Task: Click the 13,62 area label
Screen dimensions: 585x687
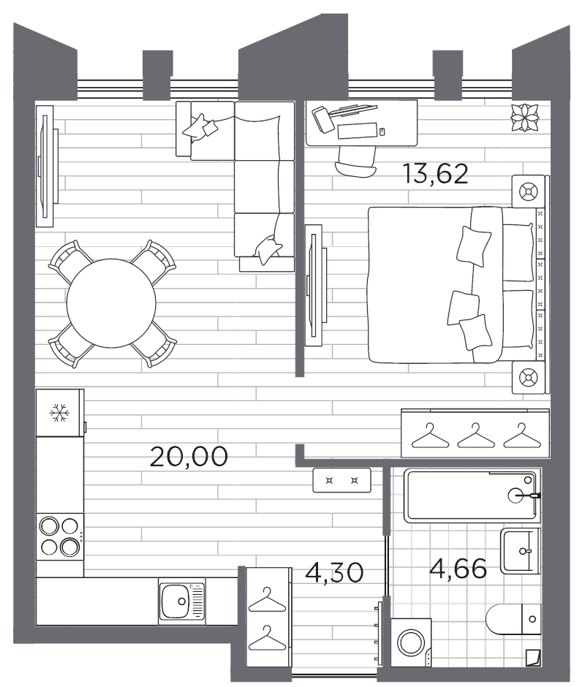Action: (x=436, y=174)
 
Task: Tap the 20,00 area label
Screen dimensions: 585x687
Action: (x=189, y=457)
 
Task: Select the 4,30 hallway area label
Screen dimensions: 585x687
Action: (x=334, y=572)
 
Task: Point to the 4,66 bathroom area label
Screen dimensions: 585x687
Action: (x=458, y=569)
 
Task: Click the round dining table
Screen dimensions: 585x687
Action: (x=111, y=303)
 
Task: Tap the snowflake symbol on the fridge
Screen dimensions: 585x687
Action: (x=58, y=413)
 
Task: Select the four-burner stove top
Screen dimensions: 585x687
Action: (x=60, y=536)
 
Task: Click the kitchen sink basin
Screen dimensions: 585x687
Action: (x=175, y=601)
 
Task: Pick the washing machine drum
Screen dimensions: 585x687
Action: (x=410, y=642)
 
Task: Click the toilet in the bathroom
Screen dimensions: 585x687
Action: (x=513, y=619)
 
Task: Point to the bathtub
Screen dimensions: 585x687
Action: (x=472, y=496)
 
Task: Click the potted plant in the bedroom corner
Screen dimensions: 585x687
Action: (x=524, y=118)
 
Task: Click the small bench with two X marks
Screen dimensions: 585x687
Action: (x=341, y=481)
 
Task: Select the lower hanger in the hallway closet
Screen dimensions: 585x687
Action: (x=267, y=638)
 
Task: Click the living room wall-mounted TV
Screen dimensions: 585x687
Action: (x=45, y=166)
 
